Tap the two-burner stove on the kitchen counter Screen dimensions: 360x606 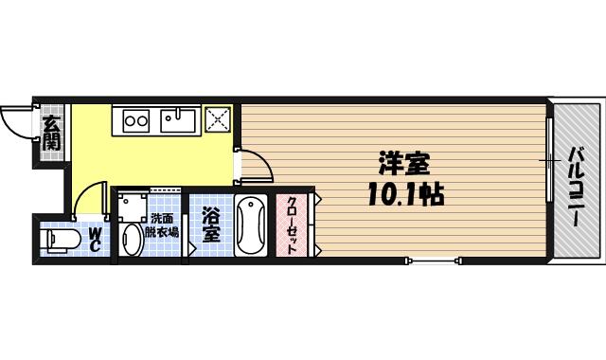(135, 119)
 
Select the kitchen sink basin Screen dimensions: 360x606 (177, 119)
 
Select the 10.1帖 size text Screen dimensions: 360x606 (405, 194)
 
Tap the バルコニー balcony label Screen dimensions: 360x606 (575, 186)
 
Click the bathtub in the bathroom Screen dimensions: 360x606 (251, 225)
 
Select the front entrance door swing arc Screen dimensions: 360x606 (16, 121)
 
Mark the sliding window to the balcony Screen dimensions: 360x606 (549, 161)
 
